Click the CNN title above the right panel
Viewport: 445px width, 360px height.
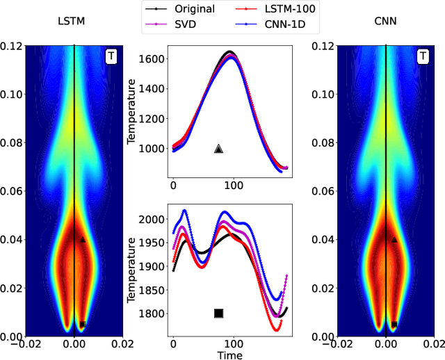tap(386, 22)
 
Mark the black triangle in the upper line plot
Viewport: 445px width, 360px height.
tap(218, 149)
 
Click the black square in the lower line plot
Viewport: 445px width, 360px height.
tap(218, 313)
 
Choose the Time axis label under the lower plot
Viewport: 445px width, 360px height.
tap(229, 354)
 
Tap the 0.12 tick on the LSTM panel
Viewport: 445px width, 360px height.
tap(11, 46)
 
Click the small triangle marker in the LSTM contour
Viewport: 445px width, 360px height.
tap(83, 240)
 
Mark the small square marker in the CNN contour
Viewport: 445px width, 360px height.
tap(394, 324)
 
